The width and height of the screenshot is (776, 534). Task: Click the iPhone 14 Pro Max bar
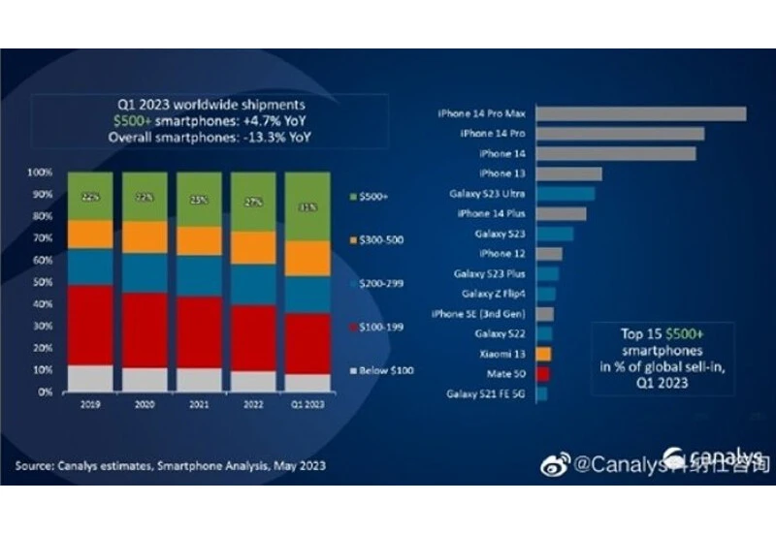[x=640, y=114]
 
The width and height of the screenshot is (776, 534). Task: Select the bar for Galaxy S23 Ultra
[x=565, y=194]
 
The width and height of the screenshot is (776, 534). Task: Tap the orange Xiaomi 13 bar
[x=543, y=354]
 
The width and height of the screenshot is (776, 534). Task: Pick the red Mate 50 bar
[x=543, y=373]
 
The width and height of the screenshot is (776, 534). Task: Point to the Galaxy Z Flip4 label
[x=495, y=294]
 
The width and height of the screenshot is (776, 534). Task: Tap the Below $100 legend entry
[x=380, y=373]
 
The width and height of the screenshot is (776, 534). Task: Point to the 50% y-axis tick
[x=42, y=283]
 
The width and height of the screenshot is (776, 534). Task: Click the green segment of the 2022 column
[x=252, y=203]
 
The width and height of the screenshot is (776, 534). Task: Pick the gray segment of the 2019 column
[x=89, y=378]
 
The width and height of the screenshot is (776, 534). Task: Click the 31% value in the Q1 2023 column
[x=307, y=206]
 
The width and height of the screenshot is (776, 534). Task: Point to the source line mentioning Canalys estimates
[x=171, y=466]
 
